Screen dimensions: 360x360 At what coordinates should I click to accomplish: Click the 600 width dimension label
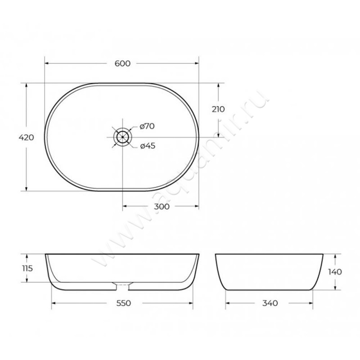pyautogui.click(x=122, y=63)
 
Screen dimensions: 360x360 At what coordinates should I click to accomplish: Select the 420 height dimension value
pyautogui.click(x=27, y=137)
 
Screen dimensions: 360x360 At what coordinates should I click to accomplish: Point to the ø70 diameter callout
pyautogui.click(x=147, y=126)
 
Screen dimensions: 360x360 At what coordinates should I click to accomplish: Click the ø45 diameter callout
pyautogui.click(x=147, y=146)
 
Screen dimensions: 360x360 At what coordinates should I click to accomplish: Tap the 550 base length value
pyautogui.click(x=123, y=303)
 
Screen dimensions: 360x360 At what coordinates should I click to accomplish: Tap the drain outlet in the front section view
pyautogui.click(x=122, y=285)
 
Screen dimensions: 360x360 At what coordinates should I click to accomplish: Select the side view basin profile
pyautogui.click(x=269, y=272)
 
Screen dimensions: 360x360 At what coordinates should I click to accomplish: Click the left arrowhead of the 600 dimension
pyautogui.click(x=46, y=63)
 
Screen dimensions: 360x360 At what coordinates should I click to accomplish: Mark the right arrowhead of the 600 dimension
pyautogui.click(x=197, y=63)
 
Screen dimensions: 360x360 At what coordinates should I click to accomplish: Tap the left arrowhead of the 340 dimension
pyautogui.click(x=226, y=303)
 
